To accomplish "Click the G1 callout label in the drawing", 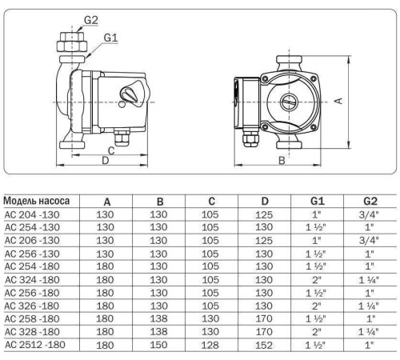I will [110, 36].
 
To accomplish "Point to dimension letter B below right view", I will [282, 160].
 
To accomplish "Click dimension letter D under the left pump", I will [105, 160].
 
